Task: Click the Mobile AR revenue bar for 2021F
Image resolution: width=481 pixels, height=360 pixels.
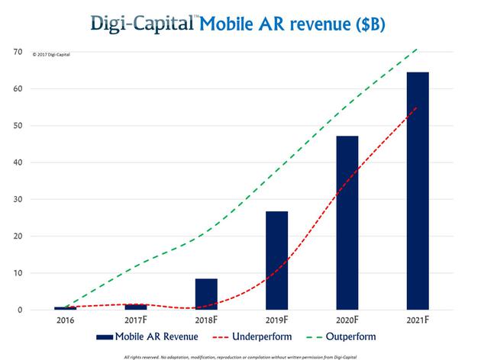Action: coord(418,191)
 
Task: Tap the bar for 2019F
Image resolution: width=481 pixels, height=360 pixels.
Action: coord(276,260)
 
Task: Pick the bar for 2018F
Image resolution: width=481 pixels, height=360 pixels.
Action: coord(206,294)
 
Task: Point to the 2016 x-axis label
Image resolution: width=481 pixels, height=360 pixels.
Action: coord(65,321)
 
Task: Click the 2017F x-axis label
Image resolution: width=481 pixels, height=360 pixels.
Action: coord(136,321)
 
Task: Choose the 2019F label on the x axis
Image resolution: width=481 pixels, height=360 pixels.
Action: coord(276,321)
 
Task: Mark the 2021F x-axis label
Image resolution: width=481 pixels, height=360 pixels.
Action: coord(418,321)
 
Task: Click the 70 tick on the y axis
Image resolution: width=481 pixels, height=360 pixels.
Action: coord(16,52)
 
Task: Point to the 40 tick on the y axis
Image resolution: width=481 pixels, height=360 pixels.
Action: coord(16,162)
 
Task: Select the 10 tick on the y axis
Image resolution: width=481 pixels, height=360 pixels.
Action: coord(16,273)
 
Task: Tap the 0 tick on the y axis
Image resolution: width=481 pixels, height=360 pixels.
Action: coord(18,310)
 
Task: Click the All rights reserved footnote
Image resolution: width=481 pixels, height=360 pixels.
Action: coord(240,355)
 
